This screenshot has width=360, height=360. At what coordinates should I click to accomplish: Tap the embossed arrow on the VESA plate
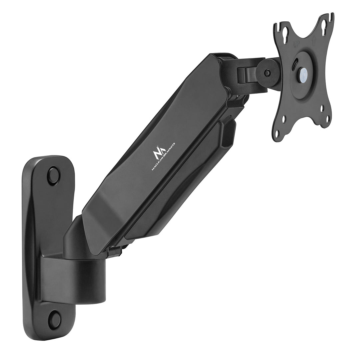pos(314,41)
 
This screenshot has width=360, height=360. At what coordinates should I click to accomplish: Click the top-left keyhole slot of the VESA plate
pos(286,35)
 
